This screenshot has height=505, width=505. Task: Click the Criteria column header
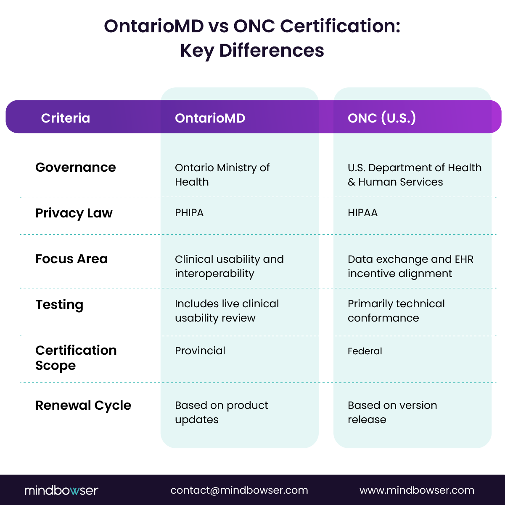point(66,118)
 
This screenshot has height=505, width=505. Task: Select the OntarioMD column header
point(210,118)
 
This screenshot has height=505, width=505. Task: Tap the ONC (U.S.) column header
point(381,118)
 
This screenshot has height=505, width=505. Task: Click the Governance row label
point(76,167)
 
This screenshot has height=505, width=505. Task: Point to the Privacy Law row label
point(74,213)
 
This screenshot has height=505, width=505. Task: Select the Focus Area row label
point(71,259)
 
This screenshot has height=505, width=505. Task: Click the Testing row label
point(59,305)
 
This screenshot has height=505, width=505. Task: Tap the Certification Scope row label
point(76,358)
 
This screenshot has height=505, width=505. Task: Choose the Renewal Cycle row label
point(83,406)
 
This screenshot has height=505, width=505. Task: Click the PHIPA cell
point(189,213)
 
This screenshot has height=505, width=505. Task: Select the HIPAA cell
point(362,213)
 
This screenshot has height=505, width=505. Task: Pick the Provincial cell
point(200,351)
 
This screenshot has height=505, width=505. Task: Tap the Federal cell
point(365,351)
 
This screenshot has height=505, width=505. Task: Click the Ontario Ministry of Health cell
point(222,175)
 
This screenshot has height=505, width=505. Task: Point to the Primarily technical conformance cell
point(396,311)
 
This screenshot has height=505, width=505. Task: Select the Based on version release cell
point(392,412)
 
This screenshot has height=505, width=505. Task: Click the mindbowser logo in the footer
point(61,490)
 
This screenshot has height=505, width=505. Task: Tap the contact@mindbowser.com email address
point(239,490)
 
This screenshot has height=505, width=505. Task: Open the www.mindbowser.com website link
point(417,490)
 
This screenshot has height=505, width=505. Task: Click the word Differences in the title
point(272,50)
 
